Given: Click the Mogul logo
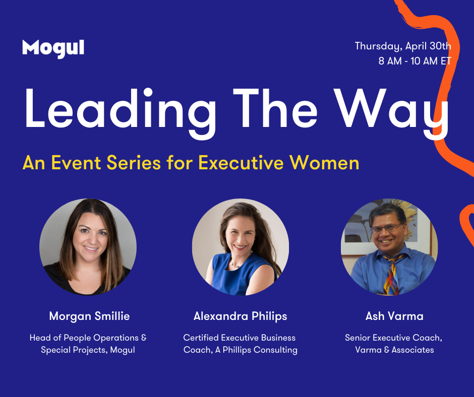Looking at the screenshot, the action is [53, 49].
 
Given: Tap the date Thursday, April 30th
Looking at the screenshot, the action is [403, 46].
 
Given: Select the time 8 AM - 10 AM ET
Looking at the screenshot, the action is [414, 61].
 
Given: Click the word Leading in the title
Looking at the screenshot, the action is [121, 113].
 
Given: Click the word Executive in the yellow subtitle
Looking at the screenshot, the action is [241, 163].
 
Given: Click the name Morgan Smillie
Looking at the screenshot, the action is [89, 316].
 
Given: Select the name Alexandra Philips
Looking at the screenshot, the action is [241, 316].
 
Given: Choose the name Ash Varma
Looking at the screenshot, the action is [394, 316].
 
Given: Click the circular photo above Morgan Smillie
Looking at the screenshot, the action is [88, 247].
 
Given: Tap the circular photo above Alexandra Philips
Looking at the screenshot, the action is [241, 247].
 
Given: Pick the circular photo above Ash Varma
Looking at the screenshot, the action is [389, 247].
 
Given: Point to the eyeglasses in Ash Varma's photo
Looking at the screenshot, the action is [386, 228].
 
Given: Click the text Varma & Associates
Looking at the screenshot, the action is [394, 350].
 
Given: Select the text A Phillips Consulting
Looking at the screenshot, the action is [256, 350].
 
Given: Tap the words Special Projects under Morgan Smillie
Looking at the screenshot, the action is [74, 350].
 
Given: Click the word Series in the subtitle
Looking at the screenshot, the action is [134, 163].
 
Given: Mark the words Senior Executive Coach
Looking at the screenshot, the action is [394, 338].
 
